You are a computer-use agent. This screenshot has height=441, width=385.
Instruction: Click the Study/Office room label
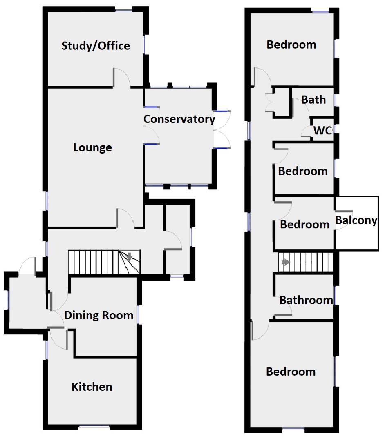pyautogui.click(x=96, y=46)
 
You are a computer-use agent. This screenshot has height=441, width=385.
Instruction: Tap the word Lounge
pyautogui.click(x=92, y=147)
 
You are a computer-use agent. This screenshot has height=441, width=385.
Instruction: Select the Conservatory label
pyautogui.click(x=179, y=119)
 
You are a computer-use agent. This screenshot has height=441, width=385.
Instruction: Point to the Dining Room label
pyautogui.click(x=99, y=315)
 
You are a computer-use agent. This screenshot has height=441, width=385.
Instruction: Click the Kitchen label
pyautogui.click(x=92, y=386)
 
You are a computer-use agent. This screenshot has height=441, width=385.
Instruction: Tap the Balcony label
pyautogui.click(x=356, y=220)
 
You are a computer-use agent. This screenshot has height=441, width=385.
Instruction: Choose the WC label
pyautogui.click(x=322, y=130)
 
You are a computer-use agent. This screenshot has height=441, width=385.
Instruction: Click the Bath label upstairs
pyautogui.click(x=314, y=100)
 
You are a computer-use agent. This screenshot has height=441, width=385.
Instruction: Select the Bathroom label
pyautogui.click(x=306, y=300)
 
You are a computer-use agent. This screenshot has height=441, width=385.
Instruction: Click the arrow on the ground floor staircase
pyautogui.click(x=129, y=257)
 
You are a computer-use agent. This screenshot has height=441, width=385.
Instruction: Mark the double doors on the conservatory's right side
pyautogui.click(x=222, y=129)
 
